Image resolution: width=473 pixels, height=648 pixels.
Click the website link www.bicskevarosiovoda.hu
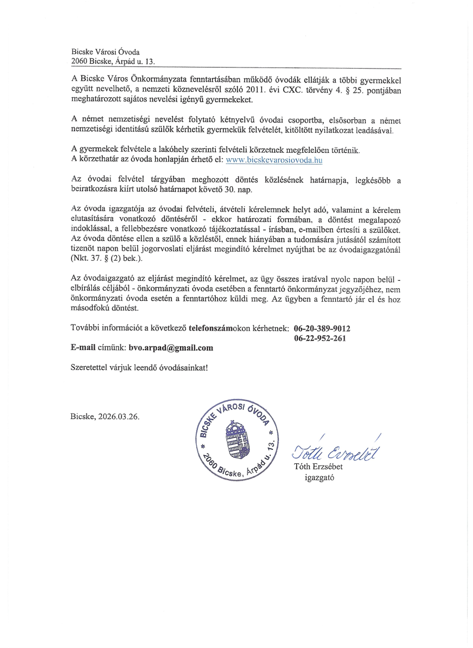pos(274,160)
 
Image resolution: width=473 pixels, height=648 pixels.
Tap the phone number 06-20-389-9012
pos(322,328)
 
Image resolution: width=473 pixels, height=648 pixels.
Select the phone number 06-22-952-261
pos(320,338)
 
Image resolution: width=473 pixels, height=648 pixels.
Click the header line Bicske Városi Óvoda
pos(105,52)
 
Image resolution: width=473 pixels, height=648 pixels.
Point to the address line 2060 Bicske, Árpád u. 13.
pos(113,62)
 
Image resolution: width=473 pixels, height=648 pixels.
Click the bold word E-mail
pos(84,348)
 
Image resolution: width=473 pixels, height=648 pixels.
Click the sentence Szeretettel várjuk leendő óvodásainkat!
pos(139,367)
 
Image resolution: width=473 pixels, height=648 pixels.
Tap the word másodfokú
pos(90,308)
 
